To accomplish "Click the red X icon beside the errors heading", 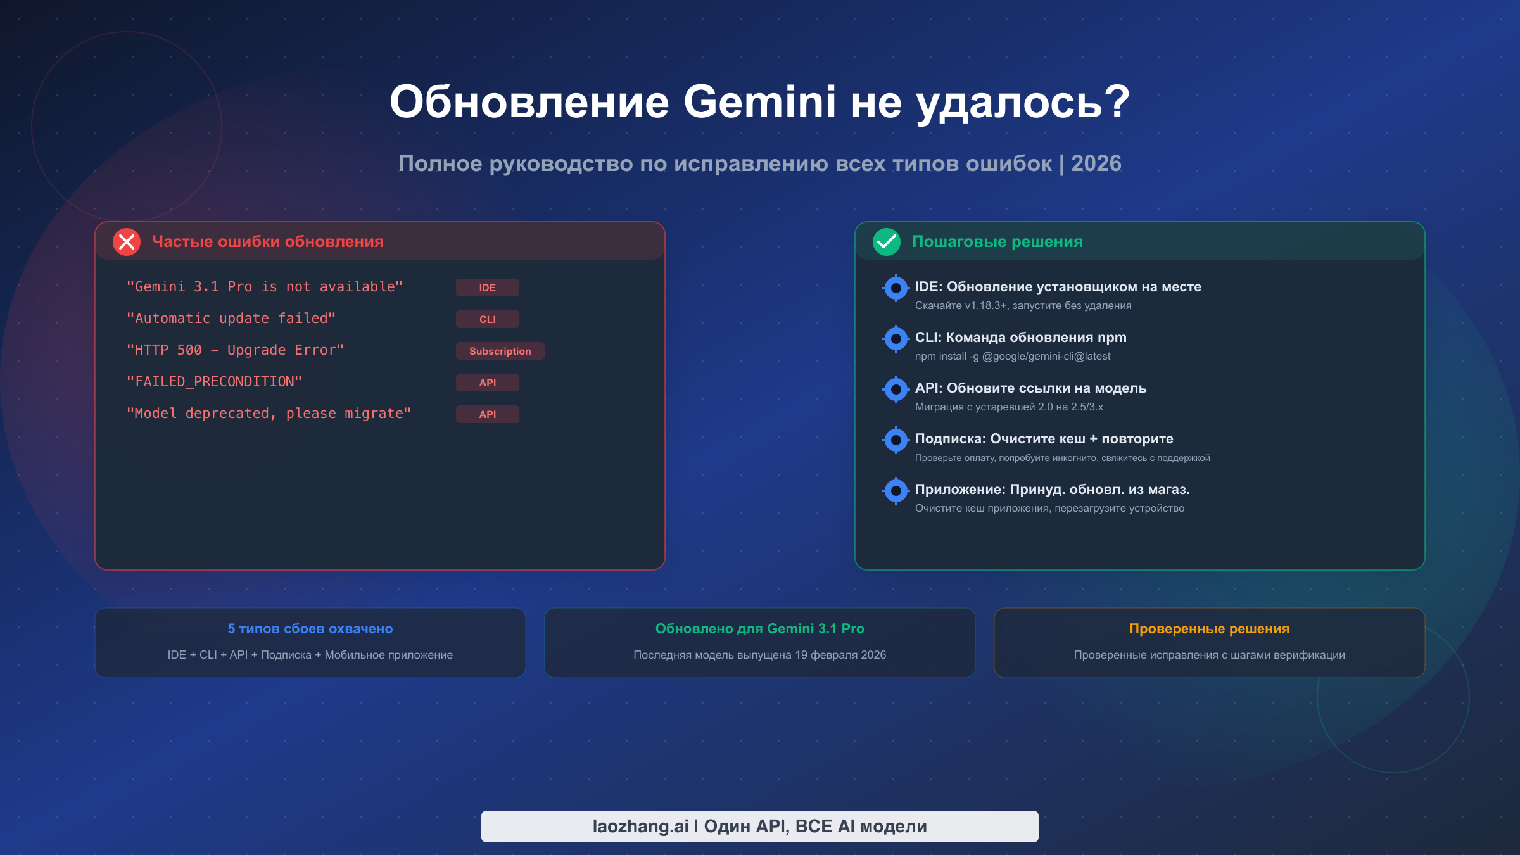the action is pos(127,242).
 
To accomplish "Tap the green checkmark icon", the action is pos(887,242).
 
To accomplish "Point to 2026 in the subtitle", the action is pos(1096,163).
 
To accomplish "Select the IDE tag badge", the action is pos(488,288).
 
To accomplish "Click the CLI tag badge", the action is pos(488,319).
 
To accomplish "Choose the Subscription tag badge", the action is pos(500,351).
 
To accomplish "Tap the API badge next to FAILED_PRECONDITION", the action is pos(488,383).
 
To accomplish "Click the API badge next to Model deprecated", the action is pos(488,414).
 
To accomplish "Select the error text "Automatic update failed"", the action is pos(231,318).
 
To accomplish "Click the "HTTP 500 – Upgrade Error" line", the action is pos(236,350).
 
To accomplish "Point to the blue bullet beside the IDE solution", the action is pos(896,288).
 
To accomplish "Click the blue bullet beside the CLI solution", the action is pos(896,339).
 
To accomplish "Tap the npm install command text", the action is pos(1013,356).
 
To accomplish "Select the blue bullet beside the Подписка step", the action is pos(896,440).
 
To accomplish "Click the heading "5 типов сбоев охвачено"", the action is pos(310,629).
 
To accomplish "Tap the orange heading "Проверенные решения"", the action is pos(1210,629).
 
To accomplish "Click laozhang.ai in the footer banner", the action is pos(640,826).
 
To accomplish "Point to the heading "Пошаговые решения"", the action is pos(997,241).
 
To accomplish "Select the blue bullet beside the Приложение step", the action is pos(896,491).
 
